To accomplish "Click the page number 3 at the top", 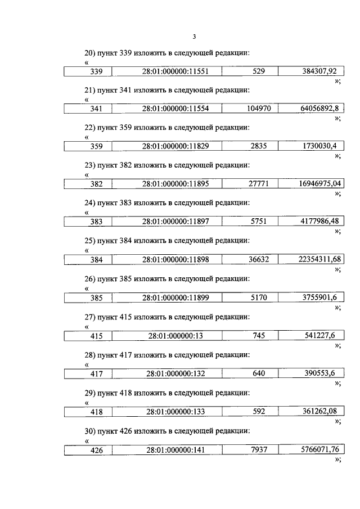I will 194,37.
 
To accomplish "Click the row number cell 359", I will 96,146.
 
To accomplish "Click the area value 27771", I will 259,184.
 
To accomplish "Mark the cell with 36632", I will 259,259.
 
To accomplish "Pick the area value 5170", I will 259,298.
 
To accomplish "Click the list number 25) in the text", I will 88,241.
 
